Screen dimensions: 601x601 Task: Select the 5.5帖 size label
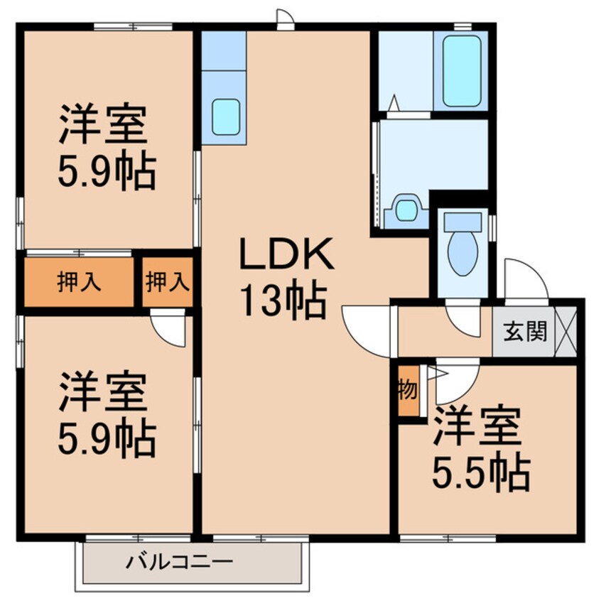(x=481, y=471)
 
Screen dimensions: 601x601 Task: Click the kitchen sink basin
(x=224, y=114)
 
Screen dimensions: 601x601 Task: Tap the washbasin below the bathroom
(x=406, y=210)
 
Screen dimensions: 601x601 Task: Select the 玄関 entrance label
(x=525, y=330)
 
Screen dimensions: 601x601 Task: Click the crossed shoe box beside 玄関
(x=565, y=330)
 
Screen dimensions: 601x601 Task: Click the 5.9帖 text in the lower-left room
(x=106, y=440)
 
